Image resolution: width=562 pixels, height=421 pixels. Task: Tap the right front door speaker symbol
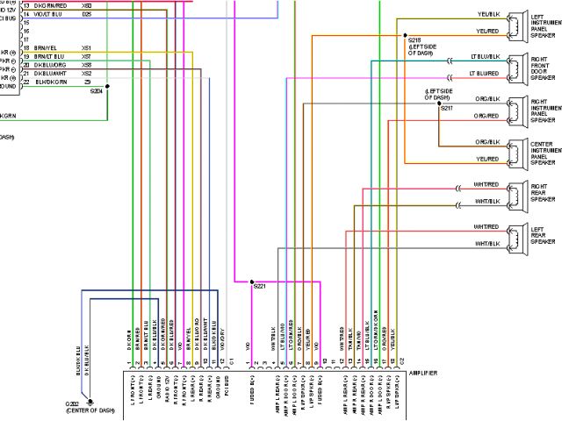coord(516,68)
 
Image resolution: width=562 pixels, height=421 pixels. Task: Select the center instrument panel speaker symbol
coord(516,150)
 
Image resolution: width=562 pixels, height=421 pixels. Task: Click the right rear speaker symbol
coord(516,193)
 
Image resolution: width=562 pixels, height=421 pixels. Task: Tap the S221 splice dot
coord(252,282)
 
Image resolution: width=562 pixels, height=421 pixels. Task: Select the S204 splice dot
coord(107,85)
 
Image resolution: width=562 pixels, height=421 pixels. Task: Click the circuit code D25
coord(86,15)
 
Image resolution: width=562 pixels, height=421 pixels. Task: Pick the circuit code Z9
coord(86,81)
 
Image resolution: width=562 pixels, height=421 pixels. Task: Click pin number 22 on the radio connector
coord(26,81)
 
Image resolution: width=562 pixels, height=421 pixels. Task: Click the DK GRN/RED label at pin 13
coord(51,6)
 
